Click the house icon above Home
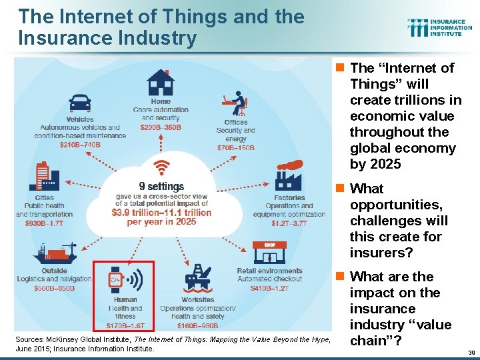pos(160,83)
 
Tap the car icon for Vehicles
pos(80,103)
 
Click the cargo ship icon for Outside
pos(57,253)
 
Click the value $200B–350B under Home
pos(161,127)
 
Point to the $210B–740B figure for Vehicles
pos(80,145)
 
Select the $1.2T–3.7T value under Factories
pos(289,223)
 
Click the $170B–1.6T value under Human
pos(125,326)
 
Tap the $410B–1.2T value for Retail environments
pos(270,288)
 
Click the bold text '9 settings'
pos(161,187)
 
